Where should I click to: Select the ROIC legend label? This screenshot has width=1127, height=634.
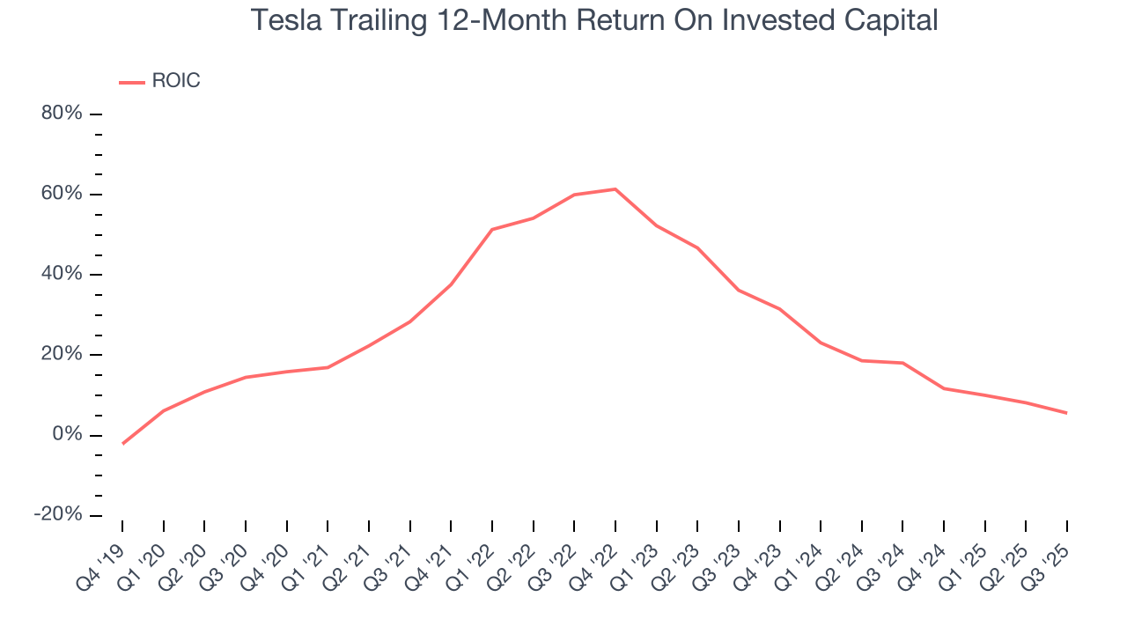pos(176,81)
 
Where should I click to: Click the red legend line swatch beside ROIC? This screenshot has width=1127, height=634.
pos(132,82)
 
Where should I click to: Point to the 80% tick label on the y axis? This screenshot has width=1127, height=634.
pos(62,114)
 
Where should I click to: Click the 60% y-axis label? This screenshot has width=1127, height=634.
pos(62,194)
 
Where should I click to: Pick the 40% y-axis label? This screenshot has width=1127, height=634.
pos(62,274)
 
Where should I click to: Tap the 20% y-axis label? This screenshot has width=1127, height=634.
pos(62,354)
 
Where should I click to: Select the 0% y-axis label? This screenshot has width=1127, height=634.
pos(67,434)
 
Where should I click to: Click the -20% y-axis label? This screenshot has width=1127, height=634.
pos(58,514)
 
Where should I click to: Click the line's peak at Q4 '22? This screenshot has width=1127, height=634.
pos(615,189)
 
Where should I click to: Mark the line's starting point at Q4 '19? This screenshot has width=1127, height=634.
pos(122,443)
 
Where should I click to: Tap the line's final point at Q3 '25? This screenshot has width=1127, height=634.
pos(1067,413)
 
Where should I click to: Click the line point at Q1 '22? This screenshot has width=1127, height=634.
pos(492,229)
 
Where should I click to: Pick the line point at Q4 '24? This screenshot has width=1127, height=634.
pos(944,388)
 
